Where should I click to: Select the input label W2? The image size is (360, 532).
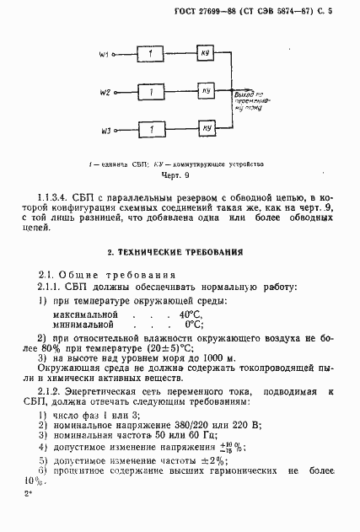point(104,91)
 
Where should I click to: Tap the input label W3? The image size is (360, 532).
point(104,130)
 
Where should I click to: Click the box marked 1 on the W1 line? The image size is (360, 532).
point(150,55)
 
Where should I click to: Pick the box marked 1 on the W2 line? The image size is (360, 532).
point(150,91)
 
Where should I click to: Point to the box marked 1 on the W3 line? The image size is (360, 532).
point(150,130)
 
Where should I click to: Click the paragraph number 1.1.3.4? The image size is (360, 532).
point(63,195)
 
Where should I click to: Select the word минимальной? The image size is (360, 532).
point(83,324)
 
